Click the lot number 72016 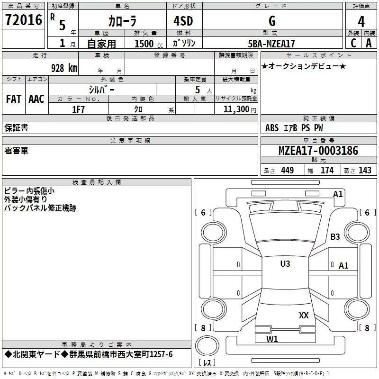[23, 20]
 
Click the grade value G [271, 21]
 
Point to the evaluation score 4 [361, 22]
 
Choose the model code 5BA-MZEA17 [271, 44]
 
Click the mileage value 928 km [63, 68]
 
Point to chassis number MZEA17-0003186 [318, 151]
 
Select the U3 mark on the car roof [285, 263]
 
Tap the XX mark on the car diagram [304, 315]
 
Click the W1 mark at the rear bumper [272, 339]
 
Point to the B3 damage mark [335, 236]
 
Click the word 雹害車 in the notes [16, 151]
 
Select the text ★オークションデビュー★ [303, 66]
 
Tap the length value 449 [287, 171]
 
